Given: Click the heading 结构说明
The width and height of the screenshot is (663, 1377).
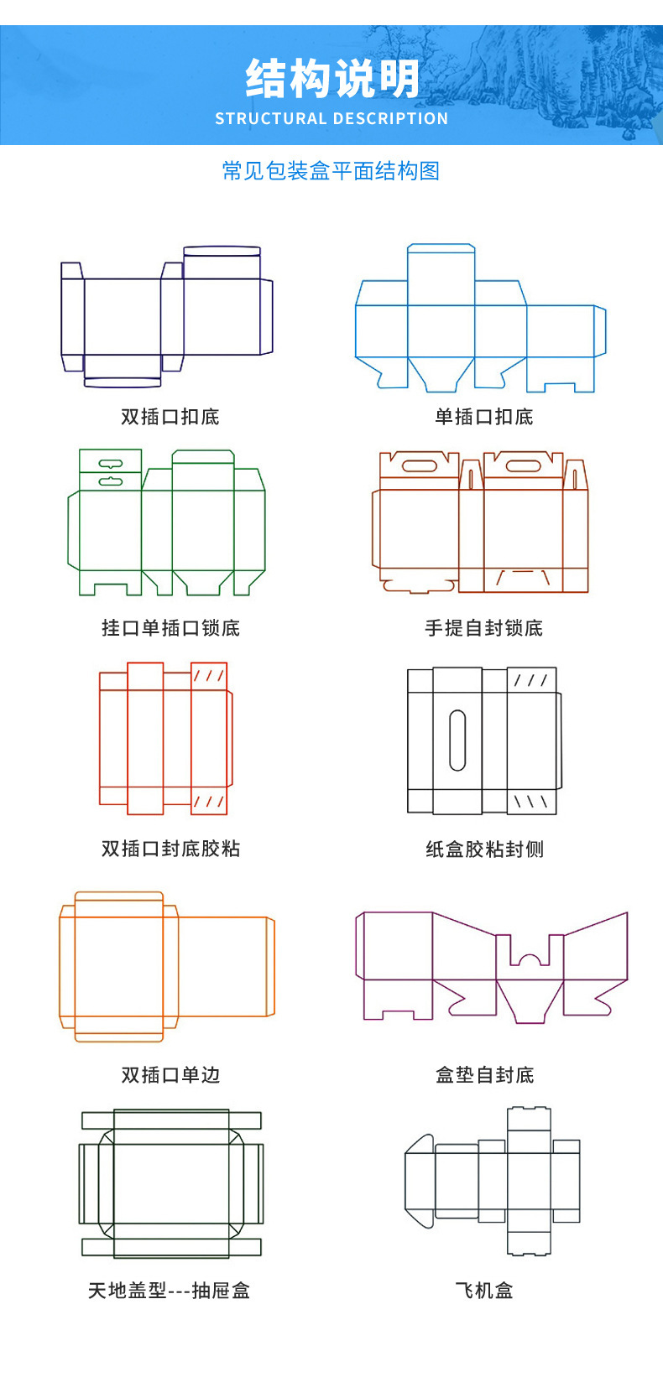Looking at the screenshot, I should click(x=332, y=79).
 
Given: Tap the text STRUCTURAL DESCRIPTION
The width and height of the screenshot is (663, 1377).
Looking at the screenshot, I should click(x=331, y=118).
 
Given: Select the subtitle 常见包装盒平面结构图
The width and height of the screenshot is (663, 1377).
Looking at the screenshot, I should click(x=331, y=171).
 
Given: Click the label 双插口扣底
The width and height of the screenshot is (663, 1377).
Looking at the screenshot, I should click(x=170, y=417).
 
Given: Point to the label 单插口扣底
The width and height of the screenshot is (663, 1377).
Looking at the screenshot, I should click(x=484, y=417).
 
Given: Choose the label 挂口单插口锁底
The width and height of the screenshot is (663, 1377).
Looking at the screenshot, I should click(x=170, y=628).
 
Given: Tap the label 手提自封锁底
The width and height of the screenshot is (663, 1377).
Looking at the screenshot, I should click(x=484, y=628).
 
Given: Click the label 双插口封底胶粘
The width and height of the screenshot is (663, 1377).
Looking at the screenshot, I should click(x=170, y=849).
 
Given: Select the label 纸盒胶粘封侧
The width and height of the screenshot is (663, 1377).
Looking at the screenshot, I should click(x=484, y=850).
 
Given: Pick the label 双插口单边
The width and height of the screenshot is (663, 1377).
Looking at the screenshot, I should click(x=170, y=1075).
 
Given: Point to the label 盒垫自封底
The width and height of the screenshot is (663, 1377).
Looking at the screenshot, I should click(x=484, y=1075).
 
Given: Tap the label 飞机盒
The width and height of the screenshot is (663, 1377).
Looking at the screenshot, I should click(x=484, y=1291).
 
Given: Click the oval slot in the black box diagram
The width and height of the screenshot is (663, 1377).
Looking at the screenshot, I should click(x=457, y=740).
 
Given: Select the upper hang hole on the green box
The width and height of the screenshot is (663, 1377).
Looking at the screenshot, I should click(x=111, y=463).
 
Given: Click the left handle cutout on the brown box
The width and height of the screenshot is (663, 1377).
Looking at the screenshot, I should click(x=419, y=465).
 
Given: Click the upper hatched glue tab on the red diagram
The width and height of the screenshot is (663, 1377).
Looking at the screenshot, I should click(x=209, y=676).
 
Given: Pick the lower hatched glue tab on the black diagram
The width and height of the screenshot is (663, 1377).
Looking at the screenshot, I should click(x=531, y=802).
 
